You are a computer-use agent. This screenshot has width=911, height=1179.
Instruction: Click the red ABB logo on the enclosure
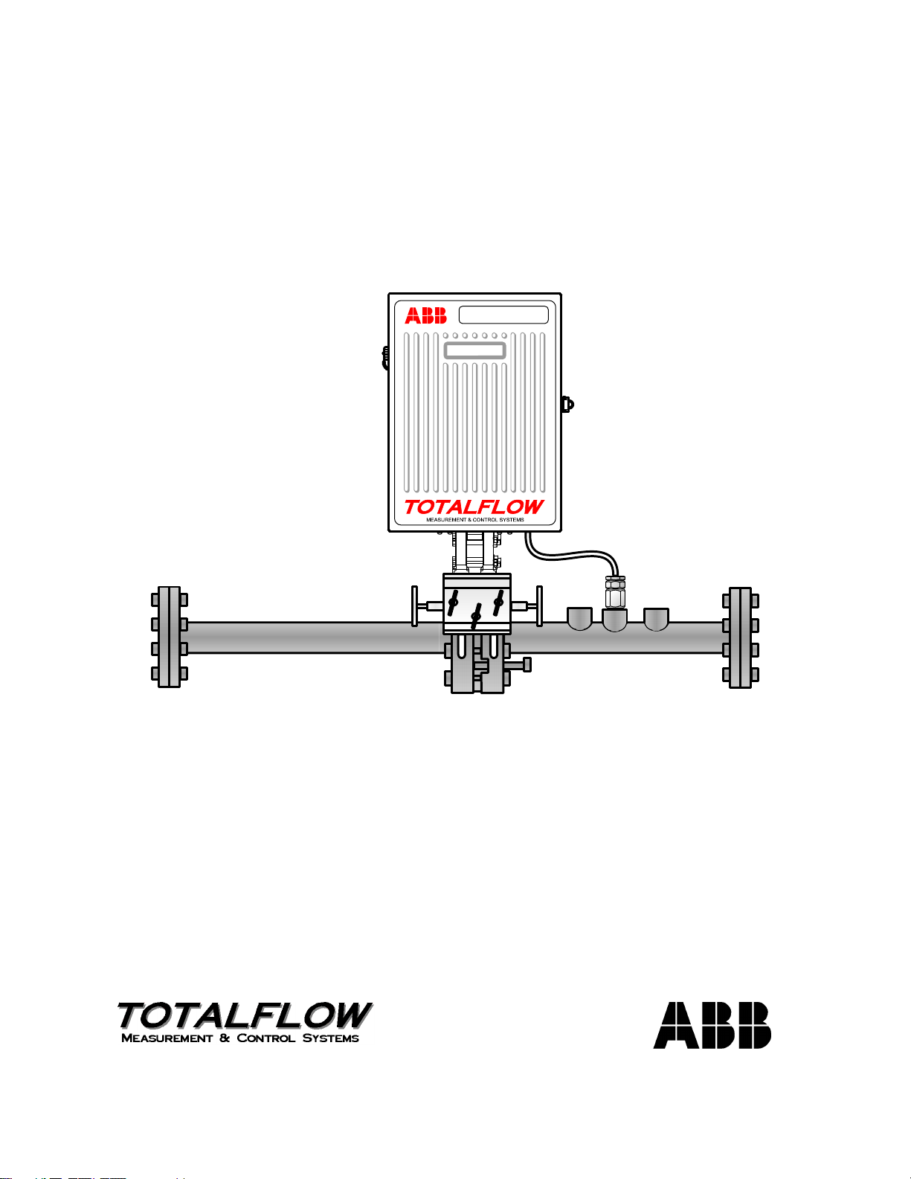click(425, 315)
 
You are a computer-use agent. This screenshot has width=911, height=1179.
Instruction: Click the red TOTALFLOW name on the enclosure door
click(474, 507)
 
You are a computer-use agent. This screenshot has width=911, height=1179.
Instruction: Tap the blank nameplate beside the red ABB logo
click(503, 315)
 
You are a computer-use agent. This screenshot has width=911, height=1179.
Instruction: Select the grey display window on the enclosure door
click(474, 350)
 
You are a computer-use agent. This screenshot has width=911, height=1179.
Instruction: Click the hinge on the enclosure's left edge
click(385, 357)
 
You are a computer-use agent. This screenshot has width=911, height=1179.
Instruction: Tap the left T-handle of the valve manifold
click(415, 605)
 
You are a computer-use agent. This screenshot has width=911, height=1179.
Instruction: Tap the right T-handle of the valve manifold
click(539, 605)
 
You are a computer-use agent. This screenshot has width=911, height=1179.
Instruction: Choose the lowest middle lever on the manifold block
click(477, 616)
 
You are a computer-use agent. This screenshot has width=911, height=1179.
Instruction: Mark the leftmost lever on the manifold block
click(453, 600)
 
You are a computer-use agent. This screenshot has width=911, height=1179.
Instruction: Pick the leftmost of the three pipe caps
click(579, 618)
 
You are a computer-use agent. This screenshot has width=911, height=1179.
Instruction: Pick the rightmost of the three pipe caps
click(655, 618)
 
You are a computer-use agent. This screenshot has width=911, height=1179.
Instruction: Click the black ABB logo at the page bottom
click(712, 1025)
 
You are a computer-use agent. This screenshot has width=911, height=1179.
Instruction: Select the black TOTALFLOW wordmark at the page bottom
click(244, 1015)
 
